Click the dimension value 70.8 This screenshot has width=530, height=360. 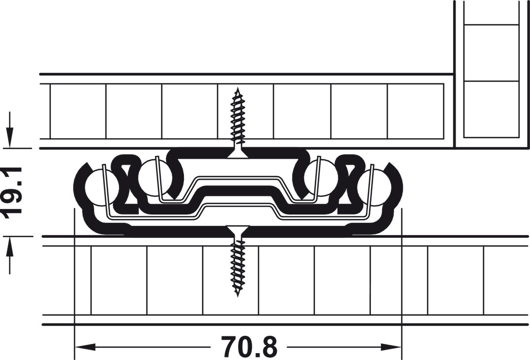tap(249, 347)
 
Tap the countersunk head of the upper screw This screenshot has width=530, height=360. tap(238, 152)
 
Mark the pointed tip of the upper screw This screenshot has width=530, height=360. tap(238, 90)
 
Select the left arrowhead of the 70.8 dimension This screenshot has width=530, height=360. tap(84, 348)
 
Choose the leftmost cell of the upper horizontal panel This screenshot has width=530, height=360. tap(78, 111)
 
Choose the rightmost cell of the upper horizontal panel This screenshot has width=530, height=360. tap(415, 111)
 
